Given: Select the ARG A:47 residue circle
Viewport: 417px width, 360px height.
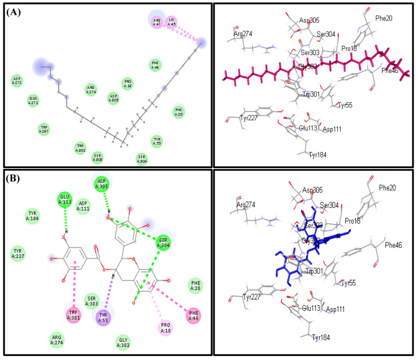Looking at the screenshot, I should coord(157,22).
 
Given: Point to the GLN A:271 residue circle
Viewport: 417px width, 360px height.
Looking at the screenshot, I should coord(34,101).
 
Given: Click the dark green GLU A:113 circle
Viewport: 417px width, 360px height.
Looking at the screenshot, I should coord(66,199).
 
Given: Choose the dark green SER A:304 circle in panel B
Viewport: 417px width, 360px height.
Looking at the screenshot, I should coord(163,241).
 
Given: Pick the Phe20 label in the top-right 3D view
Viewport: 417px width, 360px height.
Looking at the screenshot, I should coord(384,18).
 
